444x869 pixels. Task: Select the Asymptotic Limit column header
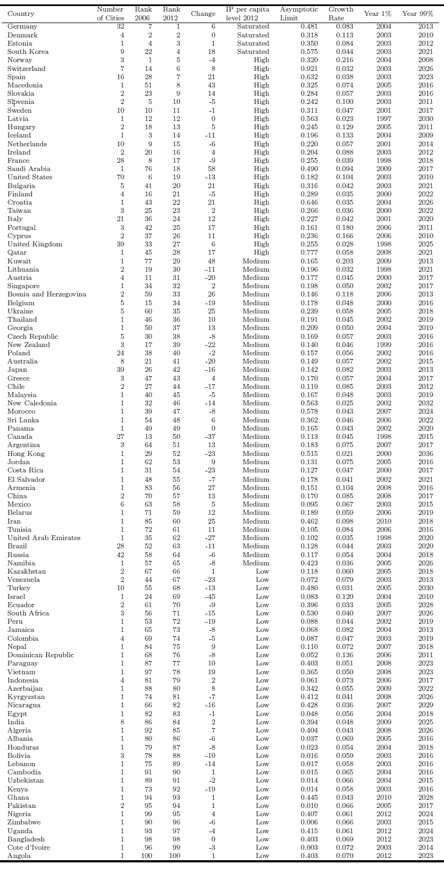[x=299, y=14]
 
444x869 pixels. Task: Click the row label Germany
[x=23, y=26]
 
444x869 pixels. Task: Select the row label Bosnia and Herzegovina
[x=47, y=294]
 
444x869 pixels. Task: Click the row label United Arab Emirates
[x=44, y=537]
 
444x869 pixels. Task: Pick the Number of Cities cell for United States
[x=120, y=177]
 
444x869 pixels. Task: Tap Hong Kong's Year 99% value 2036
[x=425, y=454]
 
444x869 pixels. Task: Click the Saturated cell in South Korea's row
[x=253, y=52]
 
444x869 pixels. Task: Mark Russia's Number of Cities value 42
[x=120, y=554]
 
